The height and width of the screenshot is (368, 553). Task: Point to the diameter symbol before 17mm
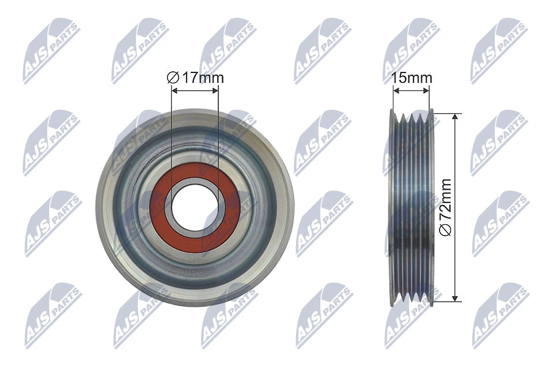173,78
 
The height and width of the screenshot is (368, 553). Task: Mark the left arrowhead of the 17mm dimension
174,90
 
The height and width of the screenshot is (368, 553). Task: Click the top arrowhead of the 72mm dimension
456,116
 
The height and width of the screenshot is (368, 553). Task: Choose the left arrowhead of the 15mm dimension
394,90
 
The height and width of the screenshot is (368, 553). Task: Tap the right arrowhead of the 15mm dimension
427,90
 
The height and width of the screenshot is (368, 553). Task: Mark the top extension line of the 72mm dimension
447,113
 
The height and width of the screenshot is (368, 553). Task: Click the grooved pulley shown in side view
411,207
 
